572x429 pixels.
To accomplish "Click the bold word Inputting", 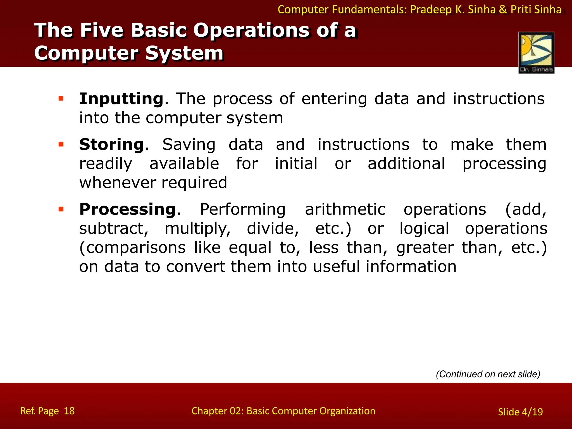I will pyautogui.click(x=121, y=99).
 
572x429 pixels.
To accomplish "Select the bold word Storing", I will pyautogui.click(x=111, y=145).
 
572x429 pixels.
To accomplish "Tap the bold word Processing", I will pyautogui.click(x=127, y=209).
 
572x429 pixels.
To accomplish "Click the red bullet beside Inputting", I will pyautogui.click(x=61, y=98).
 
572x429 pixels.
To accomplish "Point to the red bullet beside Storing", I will pyautogui.click(x=61, y=144).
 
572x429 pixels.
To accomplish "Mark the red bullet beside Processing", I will pyautogui.click(x=61, y=209).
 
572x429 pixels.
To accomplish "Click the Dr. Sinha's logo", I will pyautogui.click(x=536, y=53).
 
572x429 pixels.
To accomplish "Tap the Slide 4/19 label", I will pyautogui.click(x=520, y=412).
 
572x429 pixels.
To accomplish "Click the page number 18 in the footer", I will pyautogui.click(x=69, y=411).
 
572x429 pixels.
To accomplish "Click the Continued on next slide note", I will pyautogui.click(x=488, y=374).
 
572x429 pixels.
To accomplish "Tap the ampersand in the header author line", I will pyautogui.click(x=503, y=9).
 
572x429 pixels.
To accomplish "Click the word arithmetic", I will pyautogui.click(x=345, y=209).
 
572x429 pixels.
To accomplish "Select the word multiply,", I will pyautogui.click(x=198, y=228).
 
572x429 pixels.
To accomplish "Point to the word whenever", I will pyautogui.click(x=117, y=183).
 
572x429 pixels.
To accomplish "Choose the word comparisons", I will pyautogui.click(x=132, y=248).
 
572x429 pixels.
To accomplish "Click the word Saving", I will pyautogui.click(x=189, y=145).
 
